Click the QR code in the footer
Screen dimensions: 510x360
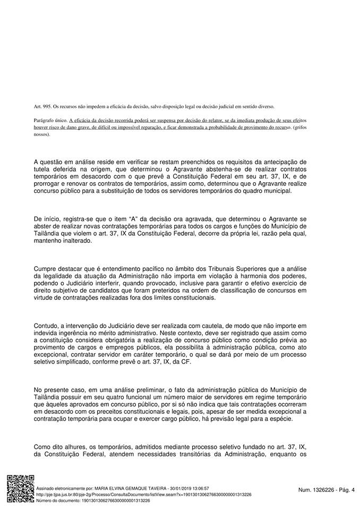click(x=20, y=489)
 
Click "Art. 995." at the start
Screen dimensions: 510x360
click(x=42, y=107)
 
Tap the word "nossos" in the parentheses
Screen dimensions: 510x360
click(x=41, y=134)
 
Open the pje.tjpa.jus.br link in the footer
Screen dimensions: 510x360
click(x=143, y=494)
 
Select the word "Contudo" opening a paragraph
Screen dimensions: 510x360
click(x=46, y=325)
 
